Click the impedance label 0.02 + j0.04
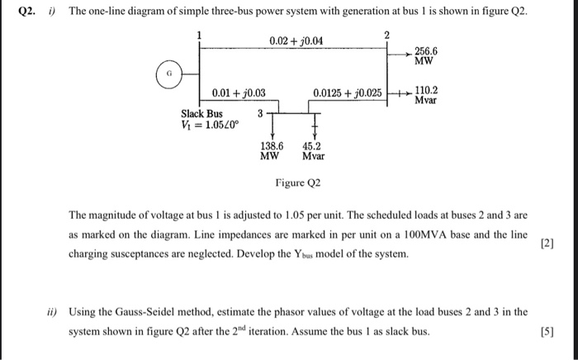296,41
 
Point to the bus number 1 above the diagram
198,34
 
